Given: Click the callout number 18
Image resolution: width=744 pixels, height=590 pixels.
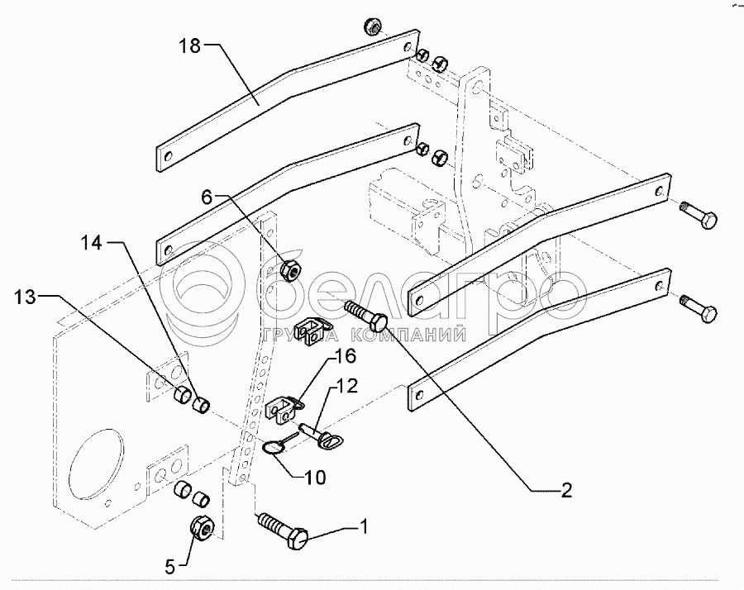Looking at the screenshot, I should click(190, 46).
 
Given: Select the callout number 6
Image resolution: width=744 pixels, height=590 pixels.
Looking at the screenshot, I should click(207, 196).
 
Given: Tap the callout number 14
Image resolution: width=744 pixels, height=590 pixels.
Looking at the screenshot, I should click(92, 243).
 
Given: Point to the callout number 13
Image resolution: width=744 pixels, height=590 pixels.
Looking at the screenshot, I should click(26, 297).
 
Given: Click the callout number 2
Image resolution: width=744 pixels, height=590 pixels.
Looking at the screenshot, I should click(566, 491).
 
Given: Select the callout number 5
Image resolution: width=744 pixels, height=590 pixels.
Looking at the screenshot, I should click(170, 567).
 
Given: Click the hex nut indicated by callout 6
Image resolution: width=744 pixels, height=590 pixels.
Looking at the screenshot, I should click(289, 270).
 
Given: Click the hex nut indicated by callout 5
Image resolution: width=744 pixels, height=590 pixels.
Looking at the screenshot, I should click(202, 526).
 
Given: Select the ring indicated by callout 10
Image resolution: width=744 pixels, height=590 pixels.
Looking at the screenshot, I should click(274, 446).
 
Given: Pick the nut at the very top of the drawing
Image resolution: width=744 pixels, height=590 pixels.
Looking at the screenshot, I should click(371, 28).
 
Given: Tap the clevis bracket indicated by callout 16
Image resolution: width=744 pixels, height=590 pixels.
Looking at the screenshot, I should click(284, 407).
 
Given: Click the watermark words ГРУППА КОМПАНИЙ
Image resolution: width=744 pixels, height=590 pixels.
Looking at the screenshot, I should click(364, 335).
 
